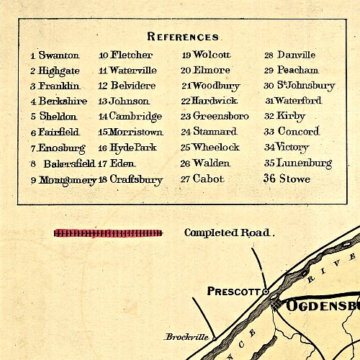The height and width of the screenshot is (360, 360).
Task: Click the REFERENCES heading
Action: pos(183,37)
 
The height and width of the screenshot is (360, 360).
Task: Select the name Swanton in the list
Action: pos(58,55)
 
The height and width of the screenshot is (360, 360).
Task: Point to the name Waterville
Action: pos(133,71)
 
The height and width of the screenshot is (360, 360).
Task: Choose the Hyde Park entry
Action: pos(133,148)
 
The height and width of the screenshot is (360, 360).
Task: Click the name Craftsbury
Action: pos(136,180)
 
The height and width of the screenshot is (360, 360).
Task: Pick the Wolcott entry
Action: pos(212,55)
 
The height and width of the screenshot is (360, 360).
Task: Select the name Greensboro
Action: pos(220,116)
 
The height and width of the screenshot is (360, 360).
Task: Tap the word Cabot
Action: pos(209,179)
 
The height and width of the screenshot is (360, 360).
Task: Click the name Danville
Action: pos(297,55)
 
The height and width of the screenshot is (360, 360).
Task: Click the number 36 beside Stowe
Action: pos(269,179)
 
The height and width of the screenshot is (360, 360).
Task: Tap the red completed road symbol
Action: pos(108,233)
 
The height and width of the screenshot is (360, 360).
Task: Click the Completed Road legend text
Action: pos(229,233)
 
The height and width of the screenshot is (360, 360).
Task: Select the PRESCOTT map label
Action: pos(233,292)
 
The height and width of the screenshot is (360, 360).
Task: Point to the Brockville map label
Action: pos(186,337)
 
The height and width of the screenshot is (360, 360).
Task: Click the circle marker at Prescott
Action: pos(266,292)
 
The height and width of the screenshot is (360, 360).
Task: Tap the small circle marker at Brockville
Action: pos(214,338)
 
